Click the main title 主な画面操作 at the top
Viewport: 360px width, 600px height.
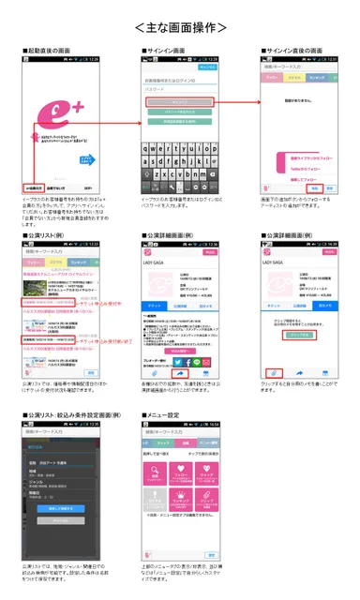180,27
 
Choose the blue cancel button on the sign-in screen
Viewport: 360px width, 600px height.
207,68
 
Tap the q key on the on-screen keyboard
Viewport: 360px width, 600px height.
146,150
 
